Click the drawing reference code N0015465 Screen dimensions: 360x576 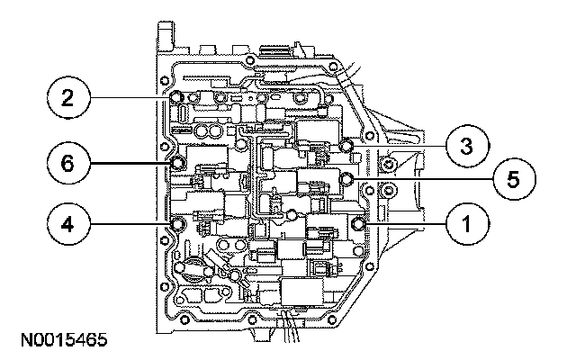(61, 341)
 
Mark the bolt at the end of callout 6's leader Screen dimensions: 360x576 (177, 164)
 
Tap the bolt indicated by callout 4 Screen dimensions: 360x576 (177, 221)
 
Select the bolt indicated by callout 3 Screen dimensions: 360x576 (348, 147)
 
